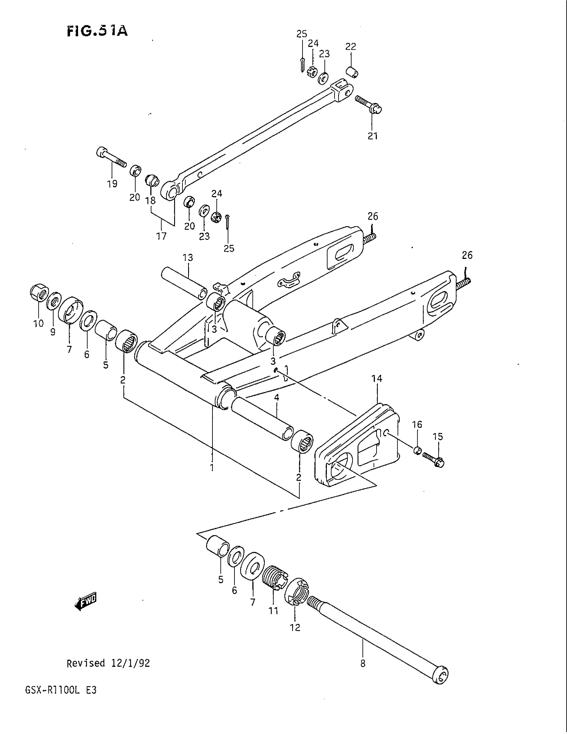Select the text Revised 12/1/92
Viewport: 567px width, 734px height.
108,663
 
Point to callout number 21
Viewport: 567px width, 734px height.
373,136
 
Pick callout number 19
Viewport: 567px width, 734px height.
112,183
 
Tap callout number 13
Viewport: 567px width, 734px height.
188,258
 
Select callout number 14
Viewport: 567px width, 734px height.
377,378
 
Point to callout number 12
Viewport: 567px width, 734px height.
295,628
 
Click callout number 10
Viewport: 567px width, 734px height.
38,323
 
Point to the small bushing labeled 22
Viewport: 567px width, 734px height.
352,72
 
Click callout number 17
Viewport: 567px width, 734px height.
161,236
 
